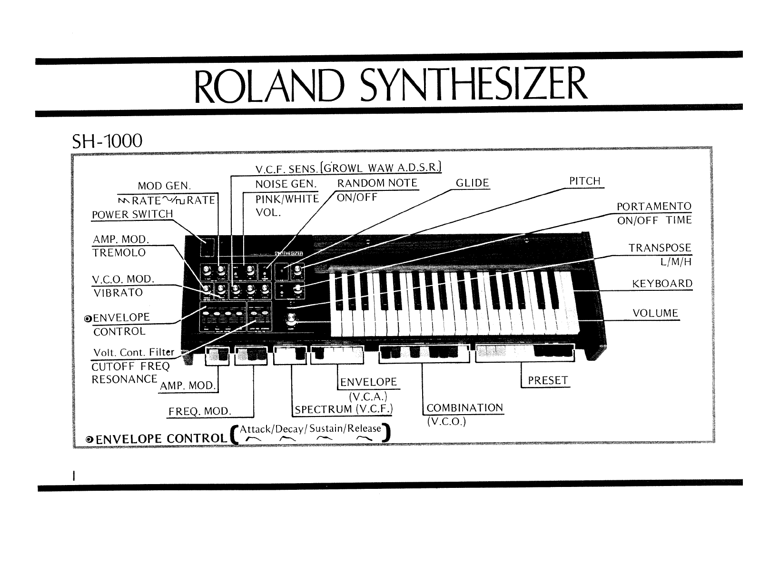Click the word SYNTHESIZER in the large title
tap(473, 86)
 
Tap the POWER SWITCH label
tap(132, 214)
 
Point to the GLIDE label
tap(472, 183)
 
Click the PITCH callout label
tap(585, 181)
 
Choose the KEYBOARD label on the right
tap(662, 284)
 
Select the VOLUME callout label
tap(655, 313)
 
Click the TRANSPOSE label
tap(660, 248)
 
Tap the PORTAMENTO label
tap(654, 207)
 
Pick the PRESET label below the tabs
tap(548, 381)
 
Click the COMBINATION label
tap(464, 408)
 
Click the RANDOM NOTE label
tap(377, 183)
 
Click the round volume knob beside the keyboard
tap(289, 323)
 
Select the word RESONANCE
tap(124, 379)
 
